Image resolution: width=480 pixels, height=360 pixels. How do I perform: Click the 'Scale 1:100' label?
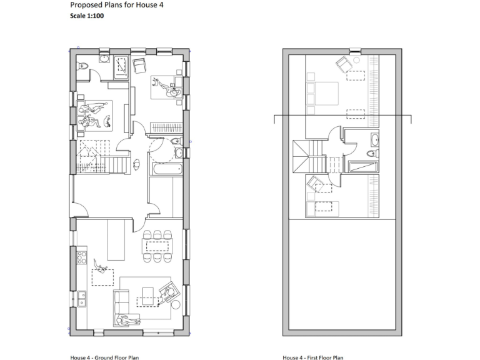[x=87, y=16]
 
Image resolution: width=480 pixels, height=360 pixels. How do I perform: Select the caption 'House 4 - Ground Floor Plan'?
[x=104, y=357]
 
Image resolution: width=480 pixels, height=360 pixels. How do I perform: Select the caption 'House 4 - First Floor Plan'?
[x=312, y=357]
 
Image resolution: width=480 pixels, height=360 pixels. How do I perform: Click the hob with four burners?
[x=81, y=255]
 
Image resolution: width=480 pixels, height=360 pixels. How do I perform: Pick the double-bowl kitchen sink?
[x=81, y=298]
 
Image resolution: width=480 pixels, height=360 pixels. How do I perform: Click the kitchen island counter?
[x=116, y=239]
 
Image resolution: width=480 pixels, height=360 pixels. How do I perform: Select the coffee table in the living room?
[x=148, y=293]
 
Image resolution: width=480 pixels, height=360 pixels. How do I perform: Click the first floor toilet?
[x=371, y=152]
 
